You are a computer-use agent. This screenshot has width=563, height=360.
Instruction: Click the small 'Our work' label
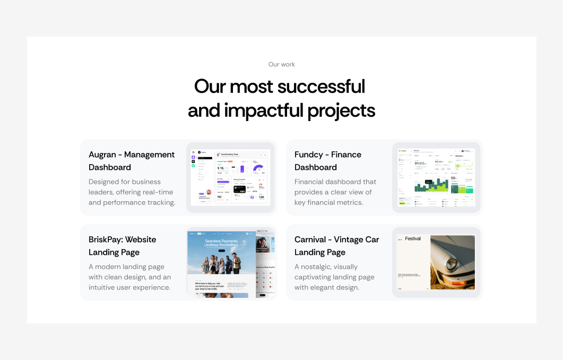point(281,64)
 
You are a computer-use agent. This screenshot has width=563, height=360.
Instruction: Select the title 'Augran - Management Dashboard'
point(132,161)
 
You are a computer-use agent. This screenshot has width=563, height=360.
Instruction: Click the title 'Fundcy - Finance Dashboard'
point(328,161)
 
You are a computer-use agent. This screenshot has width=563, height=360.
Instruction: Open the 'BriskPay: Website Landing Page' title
point(122,246)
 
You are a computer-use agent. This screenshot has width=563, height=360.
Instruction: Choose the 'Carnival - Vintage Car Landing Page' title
point(336,246)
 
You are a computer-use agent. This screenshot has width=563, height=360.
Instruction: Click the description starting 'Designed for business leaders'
point(132,192)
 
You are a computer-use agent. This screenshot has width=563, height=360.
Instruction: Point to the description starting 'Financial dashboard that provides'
point(335,192)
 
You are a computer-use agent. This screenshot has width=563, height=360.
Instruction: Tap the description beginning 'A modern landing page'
point(129,277)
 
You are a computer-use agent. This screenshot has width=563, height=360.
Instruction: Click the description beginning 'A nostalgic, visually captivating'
point(334,277)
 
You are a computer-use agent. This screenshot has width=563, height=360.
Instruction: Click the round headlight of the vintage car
point(452,263)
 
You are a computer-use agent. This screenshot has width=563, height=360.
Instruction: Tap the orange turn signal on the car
point(455,280)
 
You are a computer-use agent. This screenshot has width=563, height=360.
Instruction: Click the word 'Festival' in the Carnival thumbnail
point(413,239)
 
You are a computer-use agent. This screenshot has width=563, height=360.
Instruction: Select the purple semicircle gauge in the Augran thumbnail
point(258,169)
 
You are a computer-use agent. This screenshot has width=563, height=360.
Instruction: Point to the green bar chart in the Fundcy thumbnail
point(431,186)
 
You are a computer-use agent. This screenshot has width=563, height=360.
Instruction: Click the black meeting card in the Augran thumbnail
point(240,188)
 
